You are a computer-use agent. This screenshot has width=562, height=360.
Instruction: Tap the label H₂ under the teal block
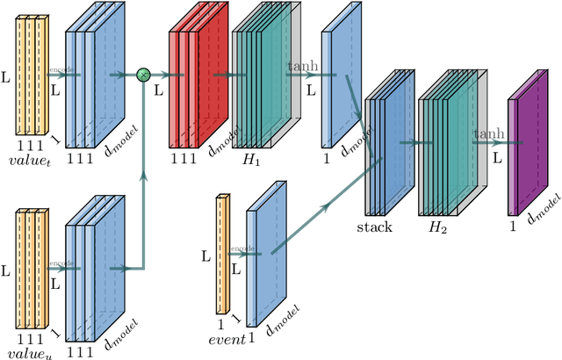436,227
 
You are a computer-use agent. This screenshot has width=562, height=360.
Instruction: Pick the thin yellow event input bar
222,256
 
